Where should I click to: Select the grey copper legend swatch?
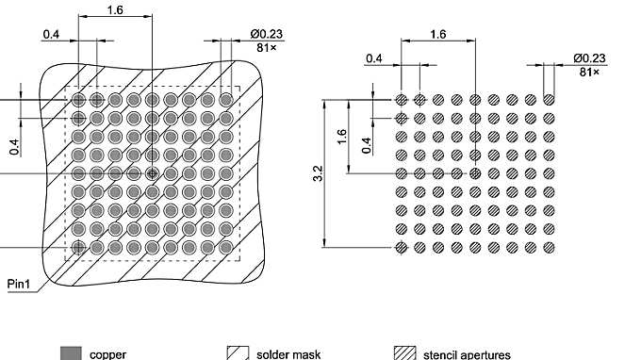click(71, 353)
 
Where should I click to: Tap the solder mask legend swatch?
click(238, 353)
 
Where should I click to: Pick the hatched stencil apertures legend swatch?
click(404, 353)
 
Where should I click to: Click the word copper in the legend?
click(108, 354)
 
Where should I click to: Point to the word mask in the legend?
click(305, 354)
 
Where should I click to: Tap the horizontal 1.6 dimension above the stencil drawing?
click(437, 34)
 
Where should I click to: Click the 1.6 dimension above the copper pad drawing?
click(115, 10)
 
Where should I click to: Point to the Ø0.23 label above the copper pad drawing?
click(267, 34)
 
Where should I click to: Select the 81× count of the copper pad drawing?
click(267, 46)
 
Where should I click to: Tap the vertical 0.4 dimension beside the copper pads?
click(14, 146)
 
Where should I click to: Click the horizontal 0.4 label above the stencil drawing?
click(374, 58)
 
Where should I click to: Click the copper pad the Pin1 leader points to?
click(78, 247)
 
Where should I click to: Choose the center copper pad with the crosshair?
click(152, 173)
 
